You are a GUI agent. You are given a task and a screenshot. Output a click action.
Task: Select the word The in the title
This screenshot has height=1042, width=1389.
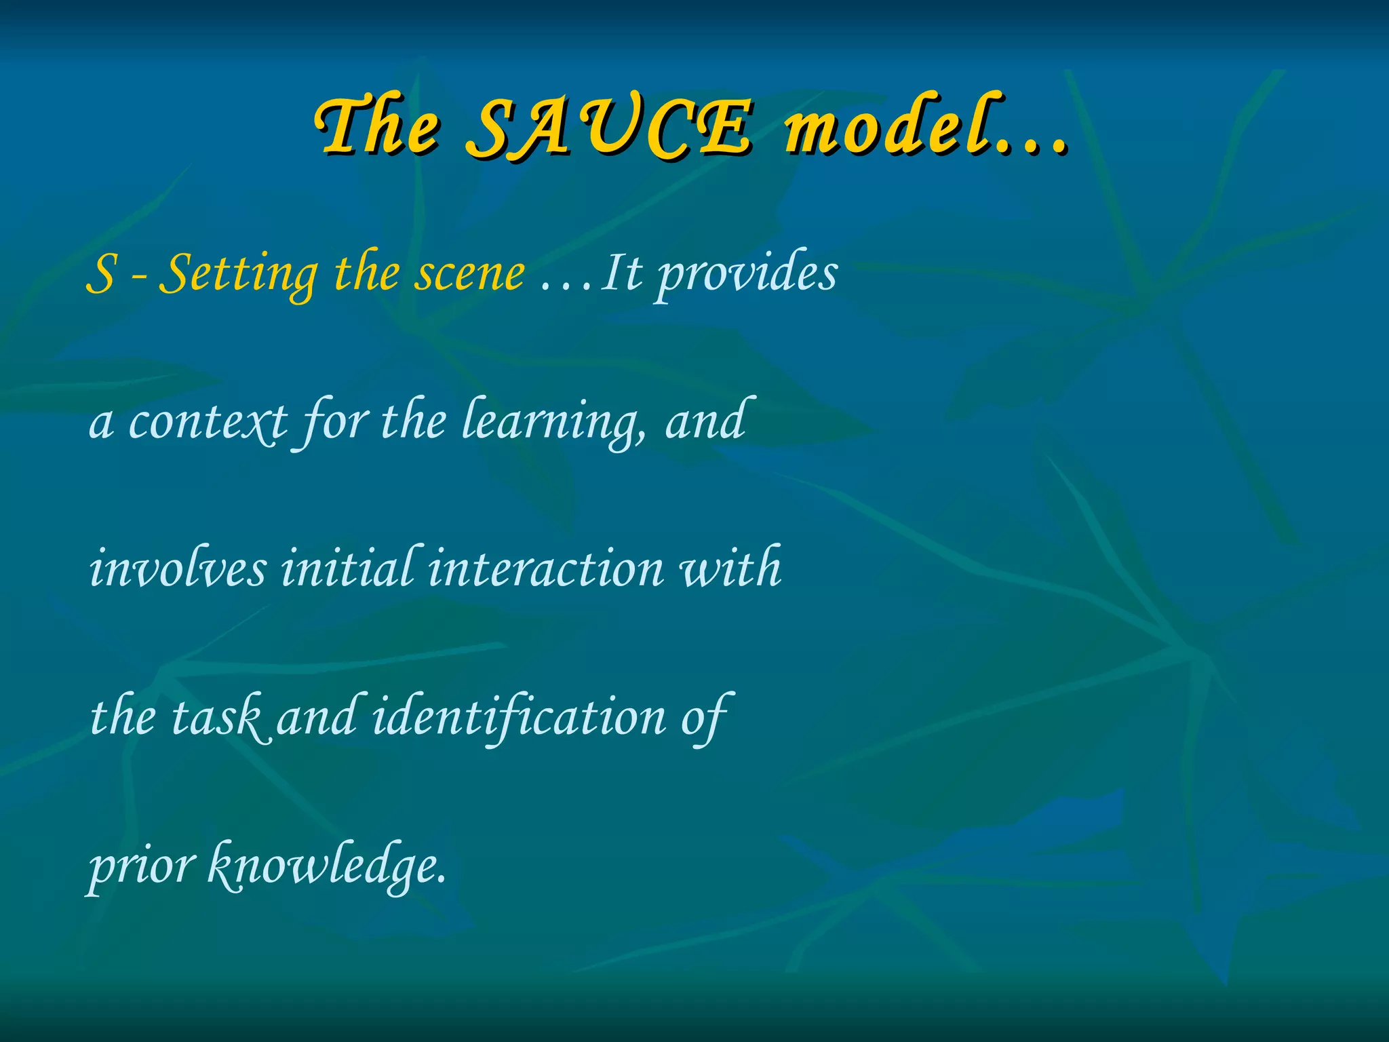[378, 128]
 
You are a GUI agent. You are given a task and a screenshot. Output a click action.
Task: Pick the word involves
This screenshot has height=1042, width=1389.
[178, 568]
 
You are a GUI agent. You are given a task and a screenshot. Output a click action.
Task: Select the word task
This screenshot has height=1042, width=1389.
[216, 717]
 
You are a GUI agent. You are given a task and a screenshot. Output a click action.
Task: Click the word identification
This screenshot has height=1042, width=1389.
[520, 717]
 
